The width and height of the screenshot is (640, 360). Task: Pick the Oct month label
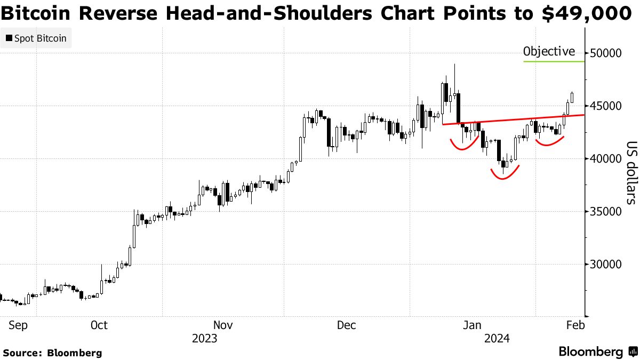point(99,325)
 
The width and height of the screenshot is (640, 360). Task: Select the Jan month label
point(473,325)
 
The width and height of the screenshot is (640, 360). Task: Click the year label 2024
point(497,339)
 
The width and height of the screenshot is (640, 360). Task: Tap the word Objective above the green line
point(549,52)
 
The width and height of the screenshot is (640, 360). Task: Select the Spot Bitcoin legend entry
point(36,38)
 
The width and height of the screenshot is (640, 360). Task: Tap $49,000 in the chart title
point(587,13)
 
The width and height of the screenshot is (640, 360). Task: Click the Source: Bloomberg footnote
point(52,353)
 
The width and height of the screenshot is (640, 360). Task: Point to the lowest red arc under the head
point(504,177)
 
